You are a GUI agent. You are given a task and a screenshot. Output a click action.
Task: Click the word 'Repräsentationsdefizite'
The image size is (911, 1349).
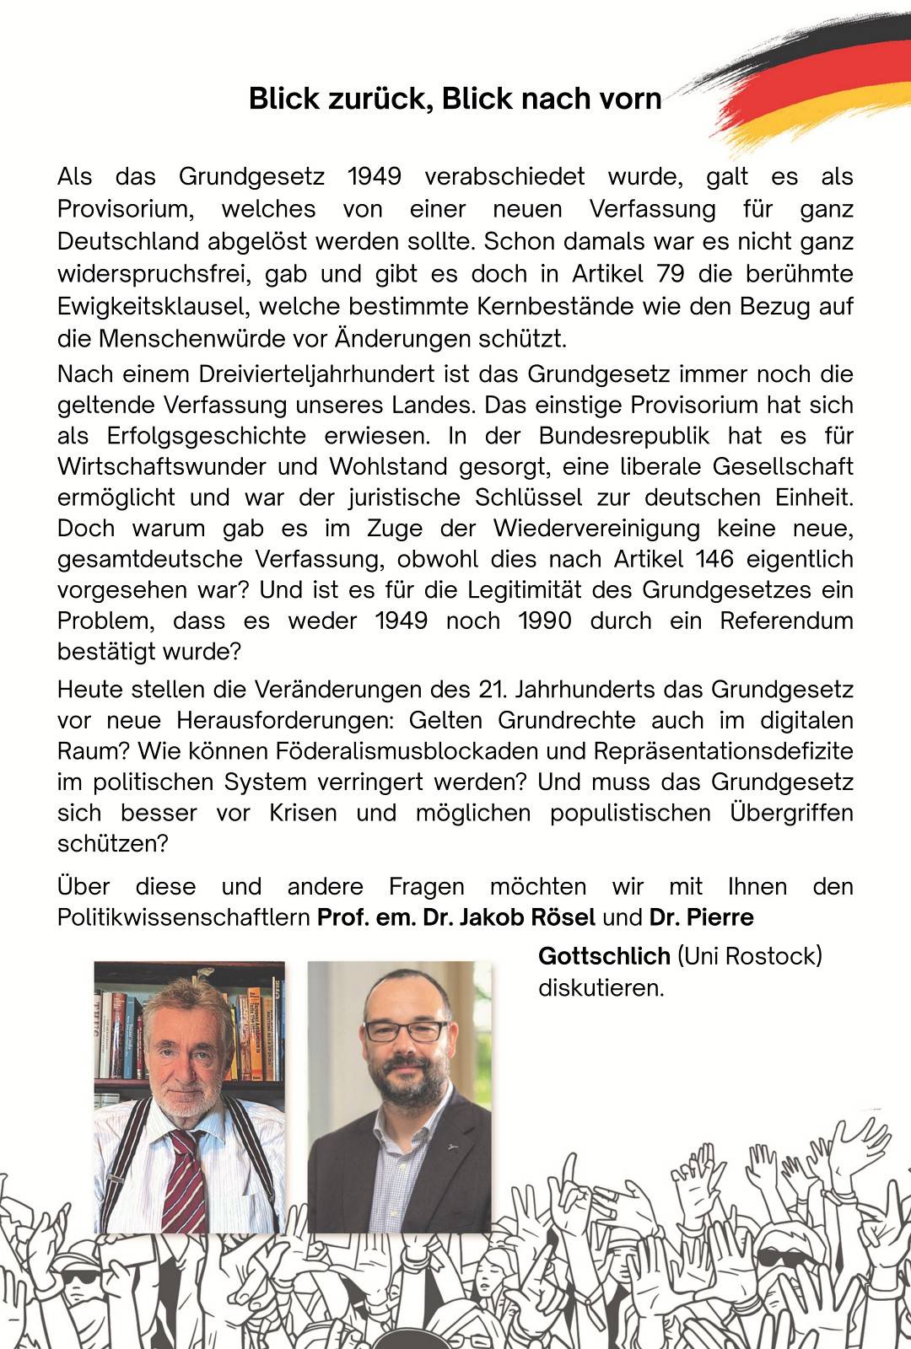tap(724, 750)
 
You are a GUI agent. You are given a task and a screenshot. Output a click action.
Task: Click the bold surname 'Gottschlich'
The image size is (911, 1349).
tap(604, 956)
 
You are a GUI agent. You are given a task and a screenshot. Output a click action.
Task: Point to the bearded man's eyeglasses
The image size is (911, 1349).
tap(407, 1030)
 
